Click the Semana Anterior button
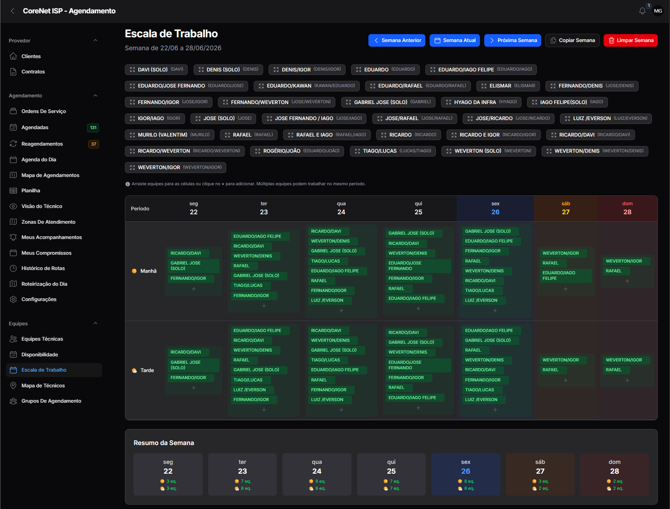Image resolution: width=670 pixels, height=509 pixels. point(397,40)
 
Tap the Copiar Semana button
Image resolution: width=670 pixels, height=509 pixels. point(572,40)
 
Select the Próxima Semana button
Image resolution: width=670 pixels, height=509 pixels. point(513,40)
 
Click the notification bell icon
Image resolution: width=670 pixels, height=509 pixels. point(642,11)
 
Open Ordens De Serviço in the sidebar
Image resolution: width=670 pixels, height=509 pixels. point(44,111)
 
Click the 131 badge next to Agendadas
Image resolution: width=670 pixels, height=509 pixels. point(93,128)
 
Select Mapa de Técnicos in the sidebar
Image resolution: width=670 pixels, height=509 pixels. point(43,386)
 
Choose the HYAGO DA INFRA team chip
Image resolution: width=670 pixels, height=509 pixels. point(481,102)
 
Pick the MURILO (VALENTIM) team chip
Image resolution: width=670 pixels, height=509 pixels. point(170,135)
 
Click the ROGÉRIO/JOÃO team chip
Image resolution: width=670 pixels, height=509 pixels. point(297,151)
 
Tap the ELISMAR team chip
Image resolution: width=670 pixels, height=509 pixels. point(508,86)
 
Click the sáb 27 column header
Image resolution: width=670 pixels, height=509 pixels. point(566,208)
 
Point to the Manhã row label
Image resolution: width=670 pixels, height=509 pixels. point(148,271)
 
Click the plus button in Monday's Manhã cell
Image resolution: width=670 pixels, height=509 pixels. point(194,289)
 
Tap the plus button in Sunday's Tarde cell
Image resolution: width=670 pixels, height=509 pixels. point(627,380)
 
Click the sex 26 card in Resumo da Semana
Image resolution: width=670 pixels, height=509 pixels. point(465,474)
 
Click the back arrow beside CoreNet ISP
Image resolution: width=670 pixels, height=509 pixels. point(13,11)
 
